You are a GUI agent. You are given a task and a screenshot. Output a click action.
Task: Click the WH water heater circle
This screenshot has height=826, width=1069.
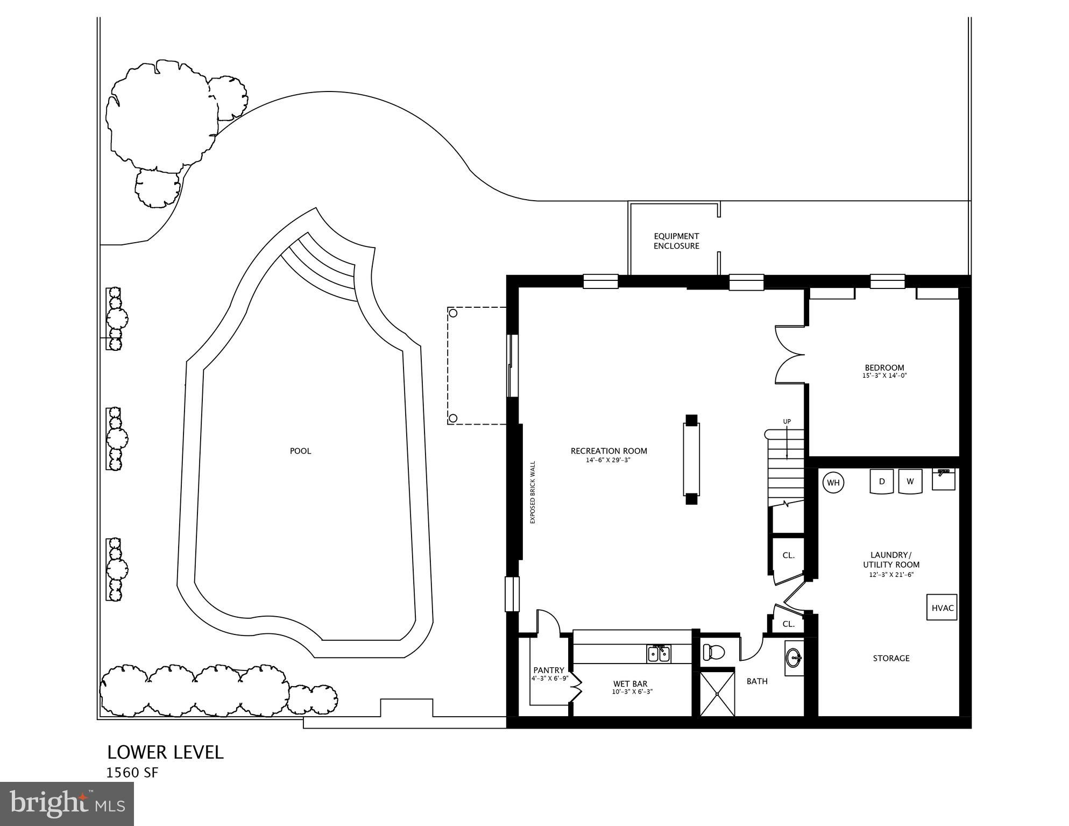833,483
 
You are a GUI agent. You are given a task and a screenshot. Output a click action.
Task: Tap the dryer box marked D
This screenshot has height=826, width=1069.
882,481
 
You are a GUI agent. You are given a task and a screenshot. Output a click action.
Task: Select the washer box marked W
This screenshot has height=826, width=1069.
910,481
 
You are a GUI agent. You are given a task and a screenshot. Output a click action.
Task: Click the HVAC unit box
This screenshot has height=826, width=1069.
942,608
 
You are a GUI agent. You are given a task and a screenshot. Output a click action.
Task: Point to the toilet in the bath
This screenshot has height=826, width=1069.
714,653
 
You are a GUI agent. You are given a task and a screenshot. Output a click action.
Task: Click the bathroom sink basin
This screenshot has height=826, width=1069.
794,657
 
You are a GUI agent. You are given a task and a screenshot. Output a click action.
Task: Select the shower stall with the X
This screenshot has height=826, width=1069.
717,695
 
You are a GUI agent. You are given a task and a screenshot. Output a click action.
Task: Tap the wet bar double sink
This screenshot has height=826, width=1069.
659,654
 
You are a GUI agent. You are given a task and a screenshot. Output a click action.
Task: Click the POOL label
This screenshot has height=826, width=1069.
300,451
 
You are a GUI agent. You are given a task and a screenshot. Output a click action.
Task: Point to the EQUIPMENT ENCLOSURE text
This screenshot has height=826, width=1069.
676,241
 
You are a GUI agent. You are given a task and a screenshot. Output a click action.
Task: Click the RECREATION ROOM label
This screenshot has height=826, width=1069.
608,451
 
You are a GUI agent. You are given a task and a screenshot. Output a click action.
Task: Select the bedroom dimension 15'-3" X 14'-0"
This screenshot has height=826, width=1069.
884,376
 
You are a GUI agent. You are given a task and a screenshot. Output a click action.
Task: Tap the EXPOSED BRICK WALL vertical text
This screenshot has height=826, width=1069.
533,492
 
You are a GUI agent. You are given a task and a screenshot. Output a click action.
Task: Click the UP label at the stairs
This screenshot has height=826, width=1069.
787,421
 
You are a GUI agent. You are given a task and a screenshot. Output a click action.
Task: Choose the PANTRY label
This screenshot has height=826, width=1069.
548,670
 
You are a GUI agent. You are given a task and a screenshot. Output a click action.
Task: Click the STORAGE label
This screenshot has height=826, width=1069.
891,658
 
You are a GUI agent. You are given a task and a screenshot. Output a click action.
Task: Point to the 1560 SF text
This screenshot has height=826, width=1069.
132,773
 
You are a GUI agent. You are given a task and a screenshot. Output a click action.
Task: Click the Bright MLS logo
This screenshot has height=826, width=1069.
67,804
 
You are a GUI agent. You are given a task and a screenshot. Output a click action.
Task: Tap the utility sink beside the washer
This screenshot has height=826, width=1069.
943,479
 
